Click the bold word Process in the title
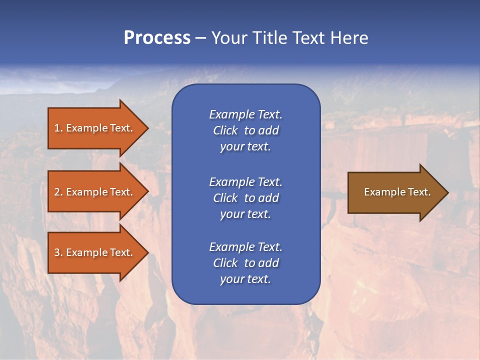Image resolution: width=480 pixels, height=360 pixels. [157, 38]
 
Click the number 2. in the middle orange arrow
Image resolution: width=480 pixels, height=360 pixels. [58, 192]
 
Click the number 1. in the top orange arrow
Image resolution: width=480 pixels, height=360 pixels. [58, 128]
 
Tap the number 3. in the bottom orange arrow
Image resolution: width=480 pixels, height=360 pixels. [58, 252]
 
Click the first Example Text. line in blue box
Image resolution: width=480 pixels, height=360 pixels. [245, 114]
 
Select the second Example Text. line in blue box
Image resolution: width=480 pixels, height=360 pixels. [245, 181]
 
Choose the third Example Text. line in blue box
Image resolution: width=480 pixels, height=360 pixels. [245, 247]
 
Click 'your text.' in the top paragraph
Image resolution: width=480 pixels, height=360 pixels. [245, 147]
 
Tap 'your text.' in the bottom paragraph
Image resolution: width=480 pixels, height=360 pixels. [245, 279]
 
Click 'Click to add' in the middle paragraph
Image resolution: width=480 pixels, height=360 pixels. [245, 198]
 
